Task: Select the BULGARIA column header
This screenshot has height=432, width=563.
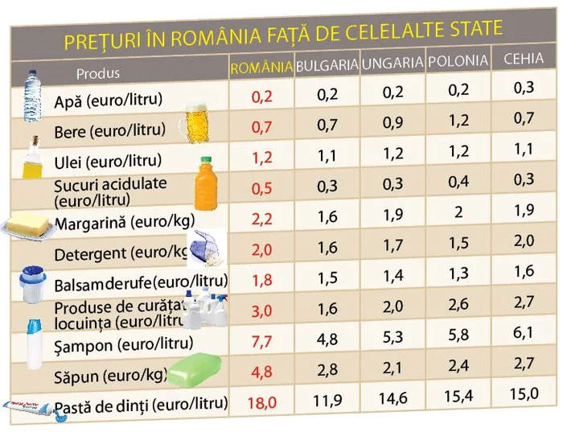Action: tap(327, 65)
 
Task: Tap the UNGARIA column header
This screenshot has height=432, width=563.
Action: tap(392, 63)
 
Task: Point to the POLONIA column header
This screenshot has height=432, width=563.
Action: tap(458, 61)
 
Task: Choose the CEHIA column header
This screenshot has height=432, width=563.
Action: tap(523, 59)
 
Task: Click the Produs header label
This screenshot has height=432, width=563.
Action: tap(98, 73)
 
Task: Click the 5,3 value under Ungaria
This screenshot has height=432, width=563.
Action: tap(393, 337)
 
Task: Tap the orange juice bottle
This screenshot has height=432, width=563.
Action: tap(208, 183)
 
